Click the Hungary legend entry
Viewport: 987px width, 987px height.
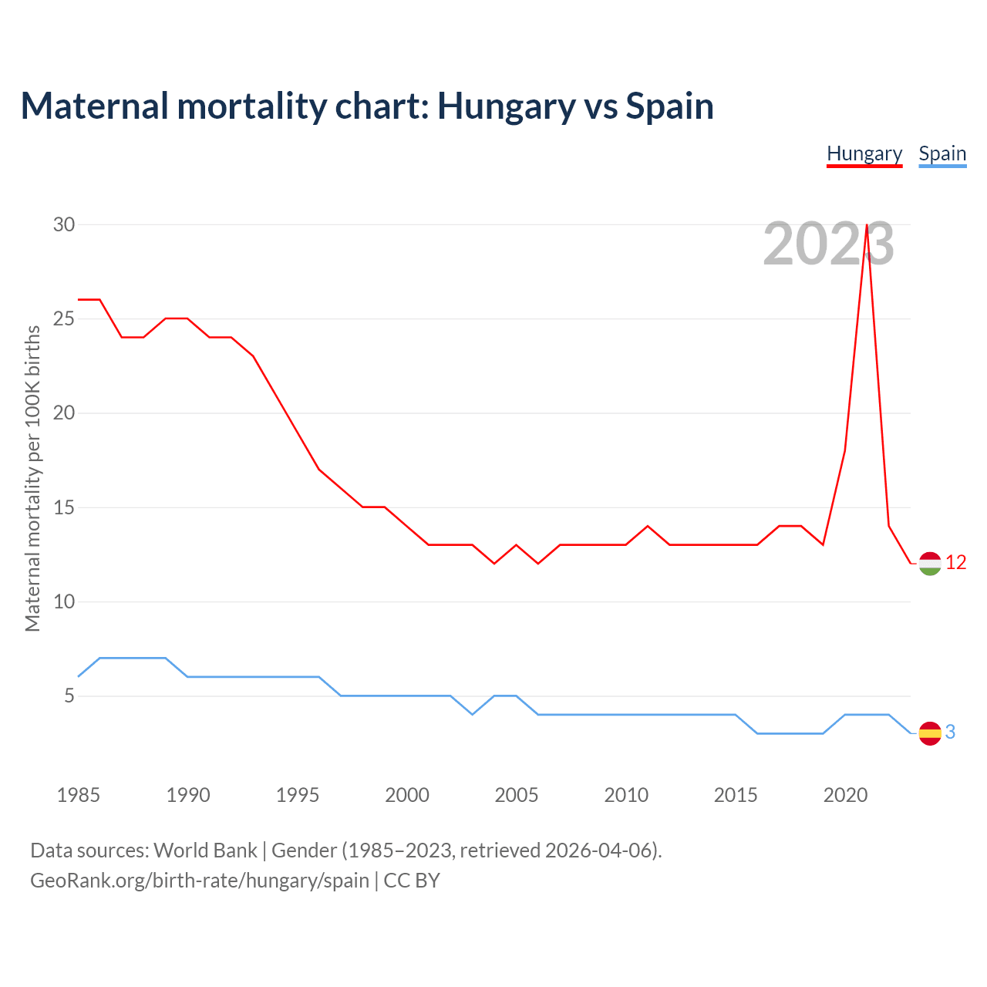tap(864, 154)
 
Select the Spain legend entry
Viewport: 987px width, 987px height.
tap(942, 154)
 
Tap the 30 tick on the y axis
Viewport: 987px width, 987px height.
tap(64, 224)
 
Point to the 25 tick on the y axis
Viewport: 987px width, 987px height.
tap(64, 318)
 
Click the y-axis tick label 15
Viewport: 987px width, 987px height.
tap(64, 507)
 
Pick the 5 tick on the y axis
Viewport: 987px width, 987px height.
tap(69, 696)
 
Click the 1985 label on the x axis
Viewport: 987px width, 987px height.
tap(79, 795)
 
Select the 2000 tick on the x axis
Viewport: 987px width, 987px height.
tap(407, 795)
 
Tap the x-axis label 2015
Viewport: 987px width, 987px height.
tap(736, 795)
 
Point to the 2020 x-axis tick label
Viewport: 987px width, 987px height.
tap(845, 795)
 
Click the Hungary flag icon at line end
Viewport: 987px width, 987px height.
tap(930, 564)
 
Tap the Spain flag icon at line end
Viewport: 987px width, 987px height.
tap(930, 733)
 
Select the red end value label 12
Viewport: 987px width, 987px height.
tap(956, 563)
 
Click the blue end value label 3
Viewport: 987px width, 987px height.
tap(951, 733)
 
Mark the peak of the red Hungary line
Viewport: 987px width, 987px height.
tap(867, 225)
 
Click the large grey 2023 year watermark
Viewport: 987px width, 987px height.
tap(828, 244)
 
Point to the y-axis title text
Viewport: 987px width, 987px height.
tap(32, 479)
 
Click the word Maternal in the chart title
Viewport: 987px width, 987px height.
tap(94, 106)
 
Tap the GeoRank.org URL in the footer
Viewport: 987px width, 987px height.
tap(199, 881)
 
